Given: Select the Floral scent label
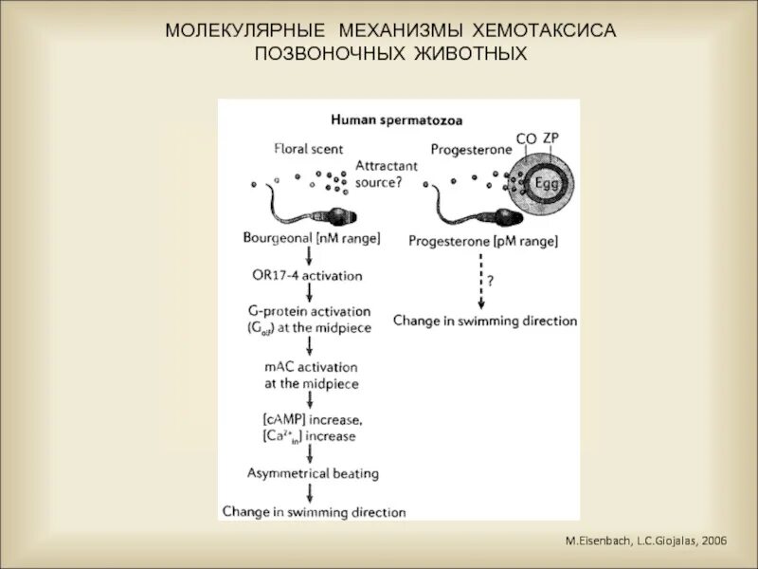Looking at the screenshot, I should pos(308,149).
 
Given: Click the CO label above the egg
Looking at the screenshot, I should pos(526,139).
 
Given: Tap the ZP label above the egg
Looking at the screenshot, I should pos(550,138).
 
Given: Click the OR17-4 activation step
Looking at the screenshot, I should pos(308,275).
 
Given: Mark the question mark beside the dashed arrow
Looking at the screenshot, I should pos(492,281).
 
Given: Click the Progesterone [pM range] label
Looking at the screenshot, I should pos(483,241).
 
